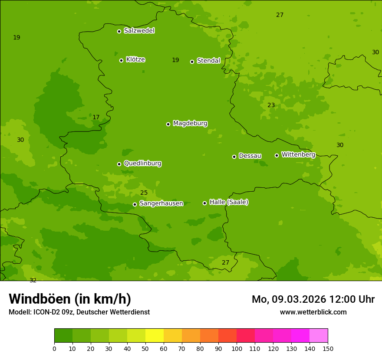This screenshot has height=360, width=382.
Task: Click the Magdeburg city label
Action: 190,124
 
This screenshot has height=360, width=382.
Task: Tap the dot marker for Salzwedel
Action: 119,31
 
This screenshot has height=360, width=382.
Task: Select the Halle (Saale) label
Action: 229,202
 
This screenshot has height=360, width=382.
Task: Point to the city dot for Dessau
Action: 234,157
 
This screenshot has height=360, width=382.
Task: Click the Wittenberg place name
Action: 298,154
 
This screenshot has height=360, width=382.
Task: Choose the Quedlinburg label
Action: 142,164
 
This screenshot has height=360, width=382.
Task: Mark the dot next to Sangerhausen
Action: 135,204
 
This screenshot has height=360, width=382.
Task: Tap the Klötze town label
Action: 135,59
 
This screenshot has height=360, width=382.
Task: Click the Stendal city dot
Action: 192,62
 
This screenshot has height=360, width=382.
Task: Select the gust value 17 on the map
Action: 96,117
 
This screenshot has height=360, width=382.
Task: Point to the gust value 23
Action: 271,105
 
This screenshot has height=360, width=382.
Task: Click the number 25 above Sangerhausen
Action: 144,193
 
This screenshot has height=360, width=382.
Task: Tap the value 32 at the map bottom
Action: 33,280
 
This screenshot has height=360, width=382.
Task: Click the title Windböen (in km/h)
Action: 70,299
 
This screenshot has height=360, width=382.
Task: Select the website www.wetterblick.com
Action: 313,312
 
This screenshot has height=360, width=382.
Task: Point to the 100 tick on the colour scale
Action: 237,348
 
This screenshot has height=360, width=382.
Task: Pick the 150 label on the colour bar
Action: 328,348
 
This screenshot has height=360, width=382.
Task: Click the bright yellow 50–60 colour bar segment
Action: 155,336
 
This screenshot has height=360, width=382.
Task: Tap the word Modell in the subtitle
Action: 19,312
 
